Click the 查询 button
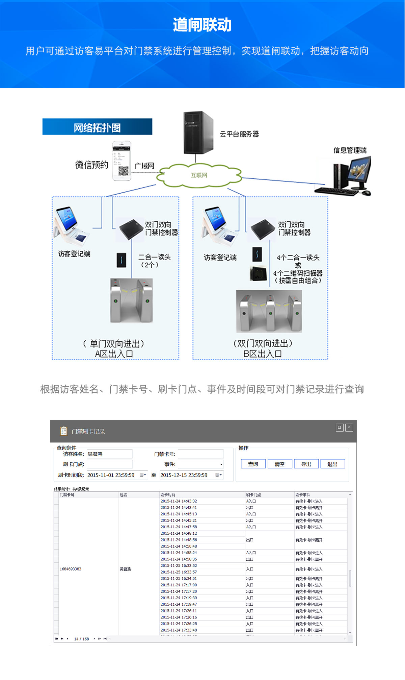[x=253, y=464]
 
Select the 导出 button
[x=306, y=464]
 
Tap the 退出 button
[x=332, y=464]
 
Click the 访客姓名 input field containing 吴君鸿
[x=109, y=454]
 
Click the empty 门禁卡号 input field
[x=200, y=454]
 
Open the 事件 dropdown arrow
[x=221, y=464]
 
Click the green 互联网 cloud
[x=199, y=175]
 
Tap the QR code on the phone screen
[x=123, y=170]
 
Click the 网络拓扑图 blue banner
[x=97, y=127]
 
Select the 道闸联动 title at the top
[x=202, y=25]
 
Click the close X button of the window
[x=349, y=428]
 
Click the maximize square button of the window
[x=340, y=428]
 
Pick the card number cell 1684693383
[x=71, y=569]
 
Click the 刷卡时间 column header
[x=168, y=495]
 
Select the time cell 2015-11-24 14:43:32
[x=179, y=501]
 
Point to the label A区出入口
[x=114, y=354]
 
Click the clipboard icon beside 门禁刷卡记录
[x=63, y=431]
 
